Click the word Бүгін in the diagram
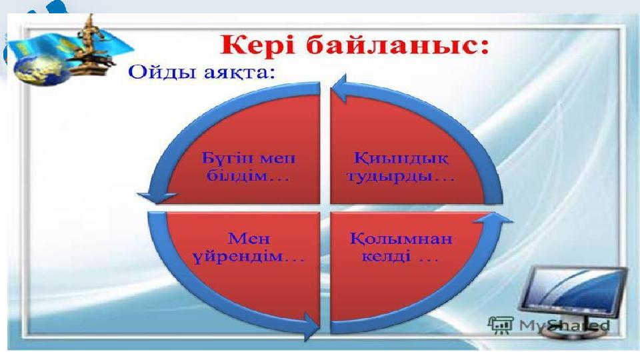(227, 159)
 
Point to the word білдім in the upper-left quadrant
(236, 176)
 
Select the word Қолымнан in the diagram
(401, 239)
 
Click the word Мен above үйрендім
(249, 239)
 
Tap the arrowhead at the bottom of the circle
(312, 326)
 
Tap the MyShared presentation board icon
(501, 325)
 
